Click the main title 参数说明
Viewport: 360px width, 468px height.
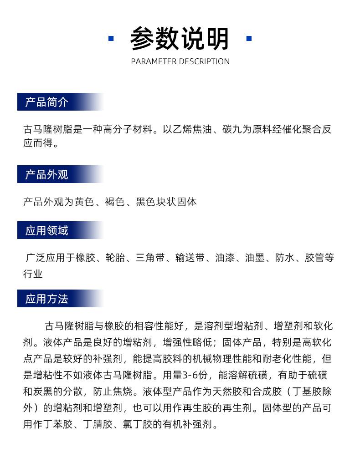[180, 39]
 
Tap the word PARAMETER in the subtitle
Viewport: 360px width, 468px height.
[154, 61]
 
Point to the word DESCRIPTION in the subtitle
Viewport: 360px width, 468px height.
[204, 61]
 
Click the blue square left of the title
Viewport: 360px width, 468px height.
[111, 39]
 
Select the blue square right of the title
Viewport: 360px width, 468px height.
[249, 39]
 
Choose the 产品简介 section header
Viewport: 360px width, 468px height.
[46, 102]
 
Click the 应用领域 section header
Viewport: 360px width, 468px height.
[46, 230]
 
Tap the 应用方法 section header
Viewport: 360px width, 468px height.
[46, 299]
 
